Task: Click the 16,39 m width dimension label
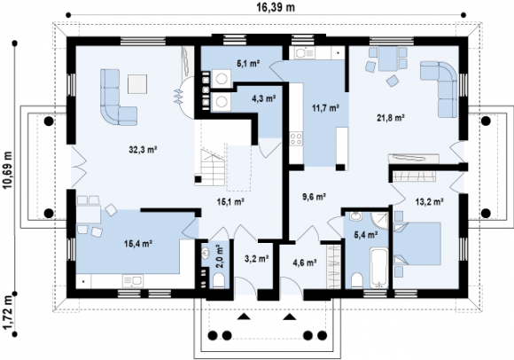275,7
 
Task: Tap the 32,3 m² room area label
143,150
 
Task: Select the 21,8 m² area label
390,118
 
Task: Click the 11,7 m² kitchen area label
325,107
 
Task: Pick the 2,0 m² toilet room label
220,256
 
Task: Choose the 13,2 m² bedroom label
430,201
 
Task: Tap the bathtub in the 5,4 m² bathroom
379,269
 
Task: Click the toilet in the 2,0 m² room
218,281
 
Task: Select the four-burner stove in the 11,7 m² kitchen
296,139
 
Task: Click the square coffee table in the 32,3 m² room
137,84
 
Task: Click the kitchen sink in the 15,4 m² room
132,281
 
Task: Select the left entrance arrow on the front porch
243,317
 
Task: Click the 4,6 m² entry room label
305,262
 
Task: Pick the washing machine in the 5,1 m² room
222,79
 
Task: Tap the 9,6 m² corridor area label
314,197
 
